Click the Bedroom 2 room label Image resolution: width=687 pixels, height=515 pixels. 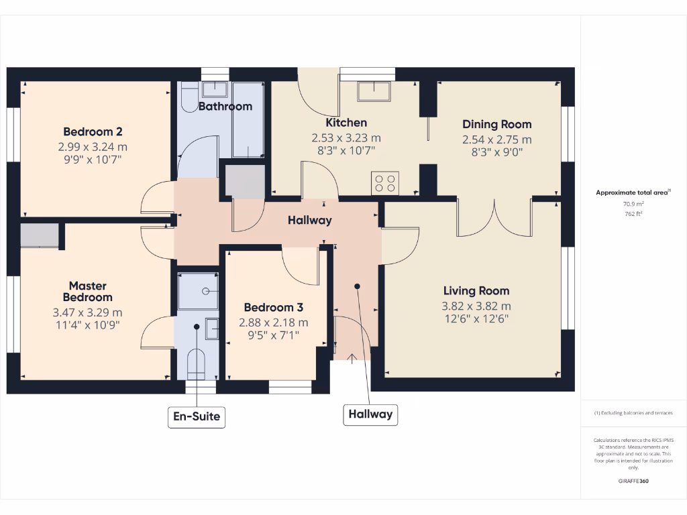click(93, 131)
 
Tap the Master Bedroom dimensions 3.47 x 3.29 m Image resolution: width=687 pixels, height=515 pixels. click(87, 312)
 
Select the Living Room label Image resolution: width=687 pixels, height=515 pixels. click(476, 290)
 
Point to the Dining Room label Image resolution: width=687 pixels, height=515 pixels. click(496, 124)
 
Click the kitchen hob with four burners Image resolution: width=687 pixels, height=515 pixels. click(385, 183)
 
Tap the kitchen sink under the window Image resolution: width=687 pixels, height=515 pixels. click(374, 91)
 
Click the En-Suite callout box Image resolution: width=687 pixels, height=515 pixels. click(197, 416)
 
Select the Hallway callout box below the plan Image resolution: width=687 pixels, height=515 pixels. click(370, 414)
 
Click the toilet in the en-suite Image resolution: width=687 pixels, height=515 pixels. click(197, 362)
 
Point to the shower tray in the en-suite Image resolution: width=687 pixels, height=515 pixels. click(198, 291)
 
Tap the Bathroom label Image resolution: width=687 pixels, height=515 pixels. click(225, 106)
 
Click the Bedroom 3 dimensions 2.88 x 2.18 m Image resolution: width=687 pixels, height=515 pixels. click(274, 323)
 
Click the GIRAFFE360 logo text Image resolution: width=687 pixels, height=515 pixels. click(633, 481)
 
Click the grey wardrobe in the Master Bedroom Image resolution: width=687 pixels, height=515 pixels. click(39, 235)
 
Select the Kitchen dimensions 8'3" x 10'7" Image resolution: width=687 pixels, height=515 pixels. click(346, 151)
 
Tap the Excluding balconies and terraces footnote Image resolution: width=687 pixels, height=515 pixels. click(633, 412)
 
